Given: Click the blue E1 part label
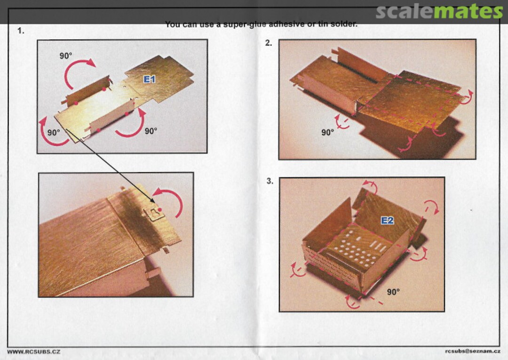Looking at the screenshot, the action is tap(150, 80).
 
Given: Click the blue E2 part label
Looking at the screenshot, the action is tap(387, 221).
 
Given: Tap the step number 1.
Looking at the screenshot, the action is tap(21, 31).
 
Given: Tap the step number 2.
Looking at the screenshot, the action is tap(269, 43).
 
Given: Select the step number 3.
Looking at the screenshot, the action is tap(270, 181).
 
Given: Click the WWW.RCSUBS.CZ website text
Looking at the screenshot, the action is tap(34, 352).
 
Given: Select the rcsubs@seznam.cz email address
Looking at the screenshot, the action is tap(472, 351).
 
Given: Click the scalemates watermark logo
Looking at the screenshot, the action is tap(439, 11).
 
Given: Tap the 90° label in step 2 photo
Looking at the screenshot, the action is tap(327, 132).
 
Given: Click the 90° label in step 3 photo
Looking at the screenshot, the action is tap(393, 292).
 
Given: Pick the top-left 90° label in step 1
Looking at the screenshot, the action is tap(66, 56).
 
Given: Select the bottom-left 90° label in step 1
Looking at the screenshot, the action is tap(54, 133).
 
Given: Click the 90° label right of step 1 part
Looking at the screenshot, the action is tap(151, 131).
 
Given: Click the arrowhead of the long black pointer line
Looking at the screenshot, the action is tap(153, 202).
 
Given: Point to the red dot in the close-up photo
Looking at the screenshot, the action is tap(160, 210).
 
